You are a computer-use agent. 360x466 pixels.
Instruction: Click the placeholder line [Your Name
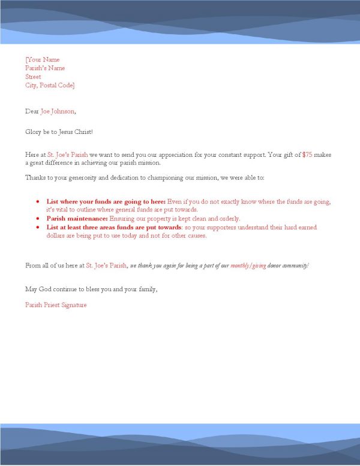pyautogui.click(x=43, y=59)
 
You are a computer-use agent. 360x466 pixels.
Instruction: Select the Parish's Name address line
pyautogui.click(x=45, y=68)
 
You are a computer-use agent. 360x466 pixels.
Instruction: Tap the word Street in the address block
pyautogui.click(x=33, y=77)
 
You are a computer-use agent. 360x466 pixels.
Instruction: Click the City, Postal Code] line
pyautogui.click(x=50, y=85)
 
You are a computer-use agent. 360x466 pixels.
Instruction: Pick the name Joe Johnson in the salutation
pyautogui.click(x=58, y=111)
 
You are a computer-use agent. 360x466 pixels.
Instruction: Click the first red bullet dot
pyautogui.click(x=38, y=202)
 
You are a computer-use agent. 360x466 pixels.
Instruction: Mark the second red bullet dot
pyautogui.click(x=38, y=219)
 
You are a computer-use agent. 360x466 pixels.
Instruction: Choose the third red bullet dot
pyautogui.click(x=38, y=228)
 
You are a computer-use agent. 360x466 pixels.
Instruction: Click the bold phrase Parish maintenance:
pyautogui.click(x=77, y=219)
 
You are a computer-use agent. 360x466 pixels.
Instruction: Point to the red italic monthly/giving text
pyautogui.click(x=248, y=265)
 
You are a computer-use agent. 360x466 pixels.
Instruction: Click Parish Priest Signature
pyautogui.click(x=56, y=305)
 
